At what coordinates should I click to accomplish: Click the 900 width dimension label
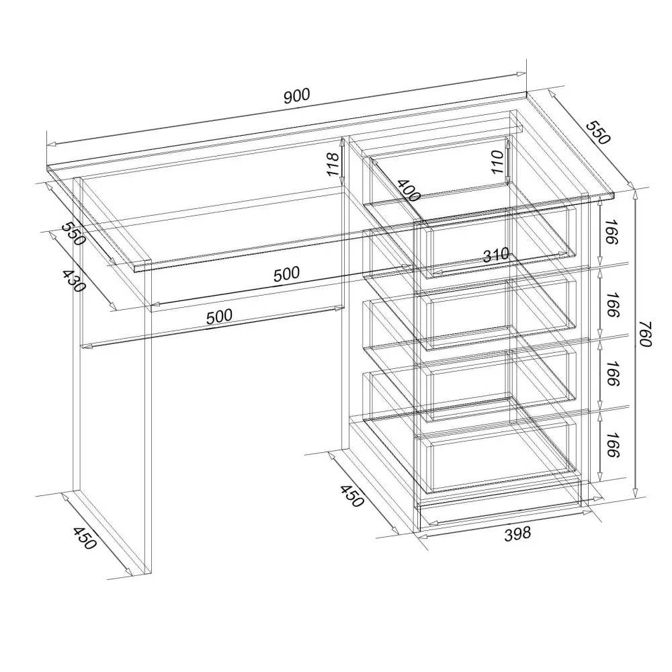(x=296, y=95)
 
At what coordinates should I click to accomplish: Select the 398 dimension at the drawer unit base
(x=517, y=534)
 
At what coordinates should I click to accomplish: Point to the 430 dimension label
(x=73, y=281)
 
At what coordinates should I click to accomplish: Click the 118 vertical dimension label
(x=333, y=164)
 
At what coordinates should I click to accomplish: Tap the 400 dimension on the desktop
(x=409, y=190)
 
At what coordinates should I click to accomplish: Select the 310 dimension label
(x=496, y=255)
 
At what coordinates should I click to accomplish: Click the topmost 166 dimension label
(x=613, y=232)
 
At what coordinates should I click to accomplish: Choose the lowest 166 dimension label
(x=613, y=445)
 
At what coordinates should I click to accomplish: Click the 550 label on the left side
(x=73, y=234)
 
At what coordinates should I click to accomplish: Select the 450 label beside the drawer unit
(x=352, y=496)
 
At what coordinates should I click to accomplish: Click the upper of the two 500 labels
(x=286, y=274)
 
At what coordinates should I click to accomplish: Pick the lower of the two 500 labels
(x=219, y=317)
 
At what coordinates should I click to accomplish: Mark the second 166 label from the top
(x=613, y=304)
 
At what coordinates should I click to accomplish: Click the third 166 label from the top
(x=613, y=374)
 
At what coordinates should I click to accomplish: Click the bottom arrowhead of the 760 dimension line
(x=636, y=493)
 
